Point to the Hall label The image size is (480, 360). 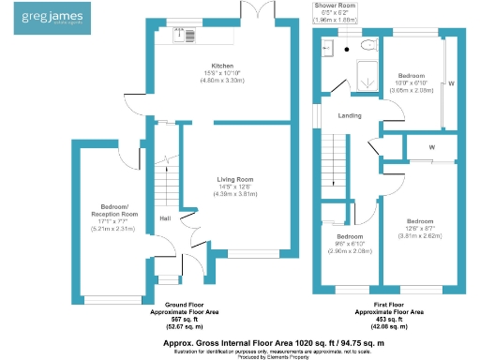tap(164, 218)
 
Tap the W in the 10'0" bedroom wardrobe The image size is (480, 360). tap(450, 83)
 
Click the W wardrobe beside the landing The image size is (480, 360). tap(431, 147)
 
